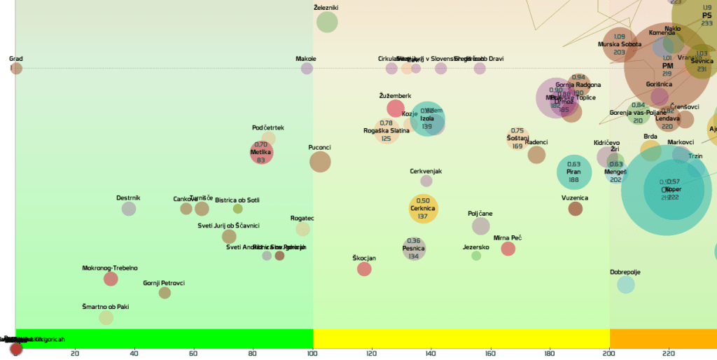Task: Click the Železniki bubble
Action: pos(327,22)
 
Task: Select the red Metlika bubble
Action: pos(261,152)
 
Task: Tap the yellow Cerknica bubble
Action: pos(423,208)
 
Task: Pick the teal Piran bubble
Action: pos(574,172)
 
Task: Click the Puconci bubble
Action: pos(320,162)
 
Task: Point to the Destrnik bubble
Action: pos(129,208)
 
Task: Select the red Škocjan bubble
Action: pos(364,269)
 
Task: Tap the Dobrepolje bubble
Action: pos(626,284)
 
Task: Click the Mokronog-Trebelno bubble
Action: pos(111,279)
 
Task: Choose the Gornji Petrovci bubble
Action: pos(165,293)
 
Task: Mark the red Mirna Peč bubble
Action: pos(508,249)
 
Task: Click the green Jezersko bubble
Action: pos(476,256)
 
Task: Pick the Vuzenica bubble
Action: pos(576,208)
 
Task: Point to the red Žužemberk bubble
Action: pos(396,108)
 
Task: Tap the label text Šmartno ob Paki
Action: pos(106,307)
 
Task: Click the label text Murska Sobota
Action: pos(620,44)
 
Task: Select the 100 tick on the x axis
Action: pos(313,353)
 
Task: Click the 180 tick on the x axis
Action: pos(550,353)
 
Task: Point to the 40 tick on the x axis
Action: pos(134,353)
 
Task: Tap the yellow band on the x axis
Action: pos(461,339)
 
